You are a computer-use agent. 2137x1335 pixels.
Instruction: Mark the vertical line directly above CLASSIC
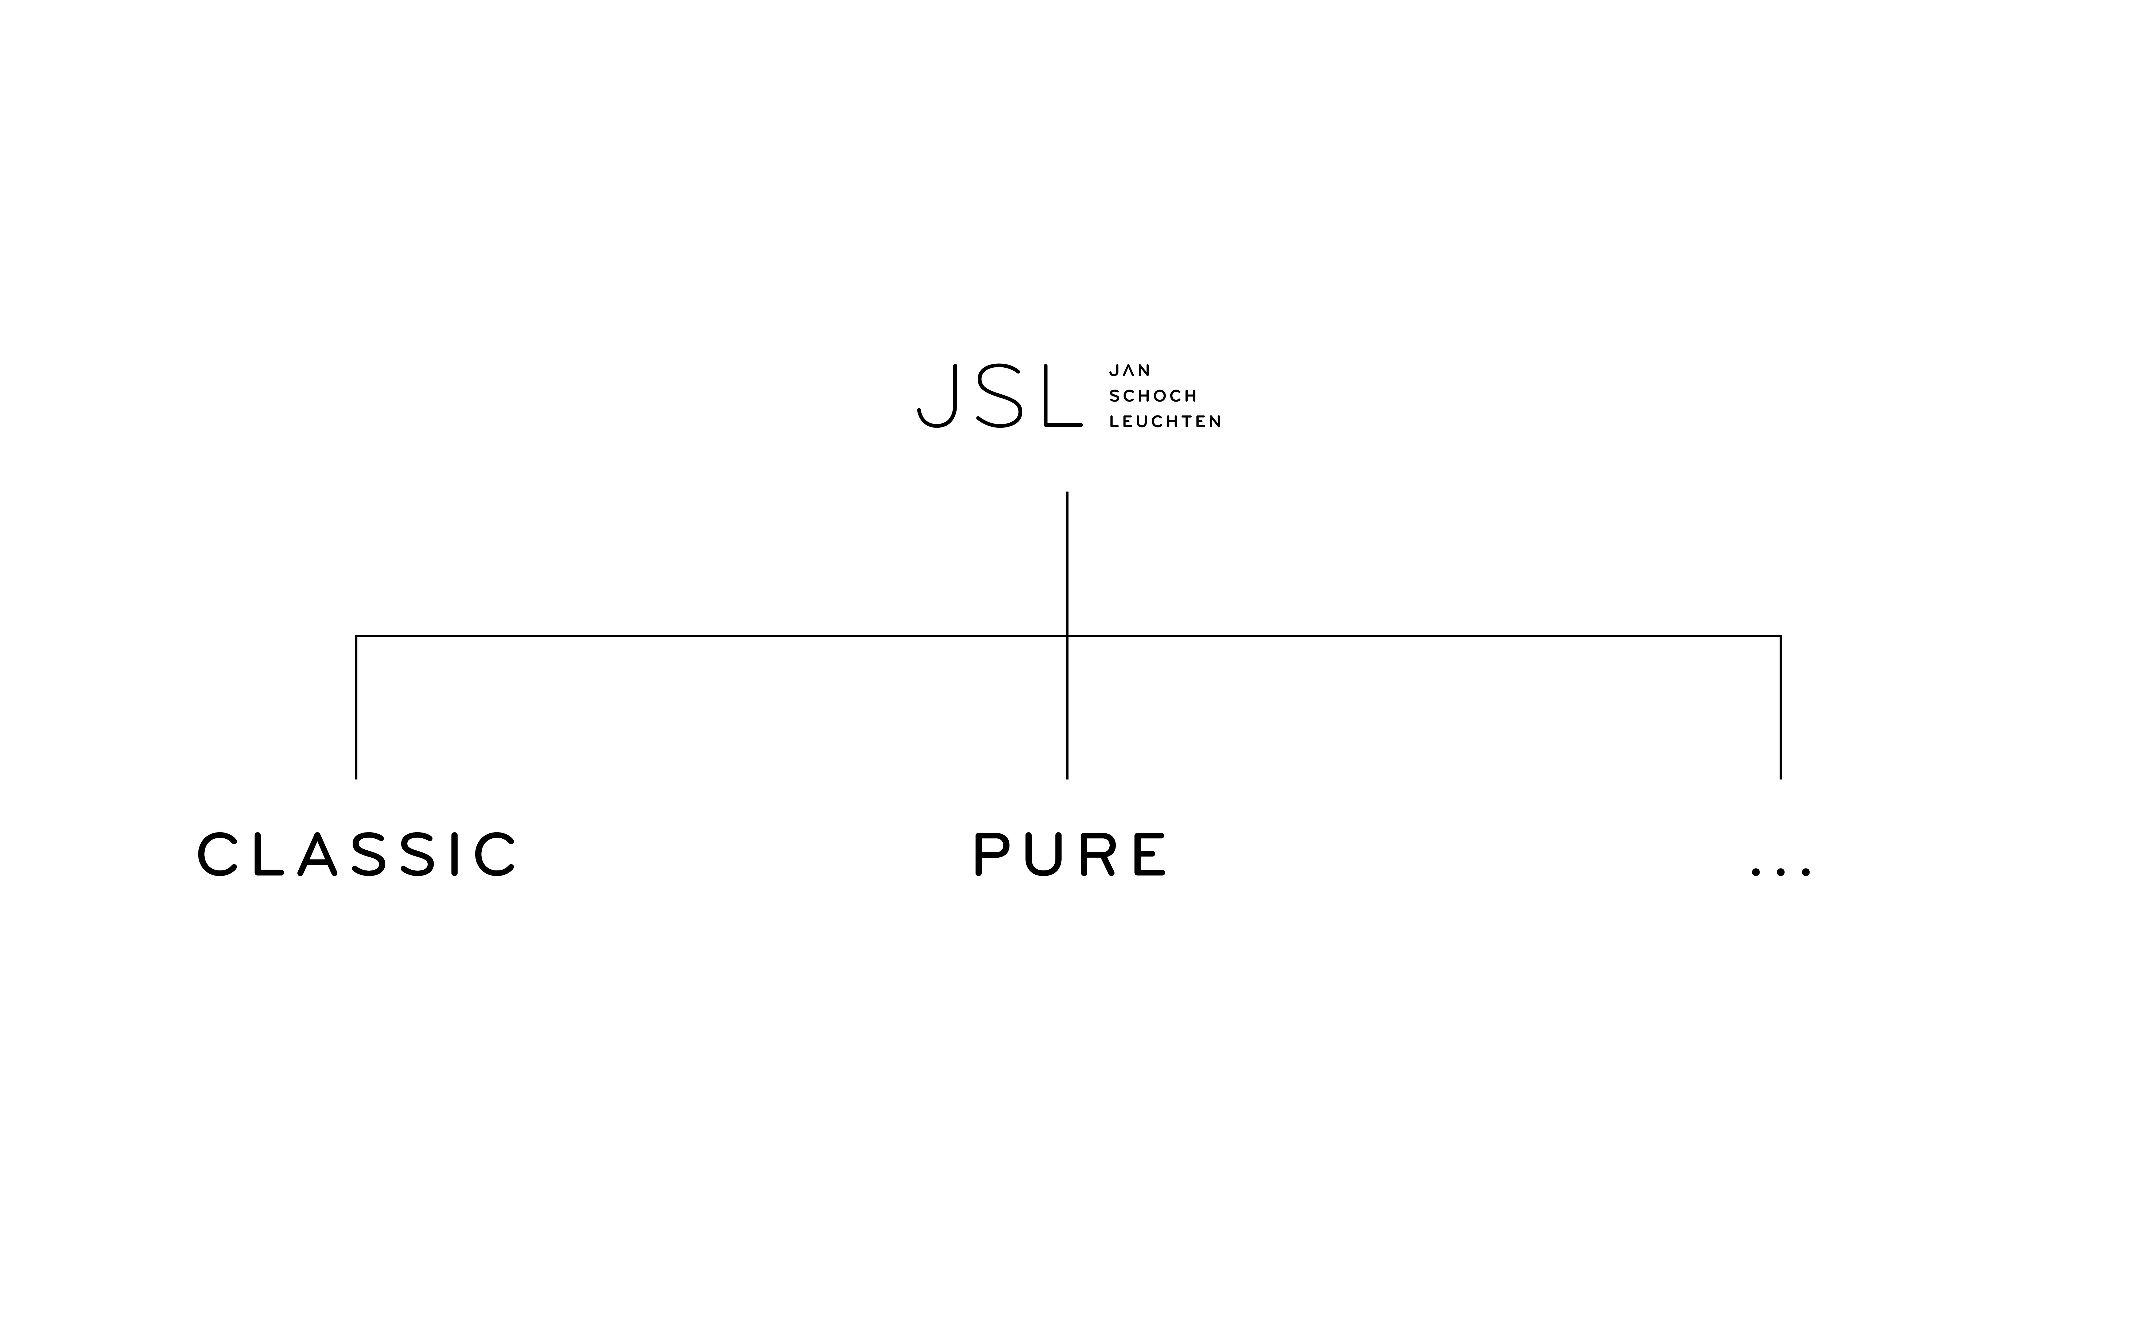pos(356,707)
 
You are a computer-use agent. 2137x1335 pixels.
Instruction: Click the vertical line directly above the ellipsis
pos(1780,707)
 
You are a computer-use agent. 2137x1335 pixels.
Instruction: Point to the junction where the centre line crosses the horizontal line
pos(1067,636)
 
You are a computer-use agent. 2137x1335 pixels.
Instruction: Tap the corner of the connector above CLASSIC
pos(356,636)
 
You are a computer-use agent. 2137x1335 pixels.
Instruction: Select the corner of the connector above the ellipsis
pos(1780,636)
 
